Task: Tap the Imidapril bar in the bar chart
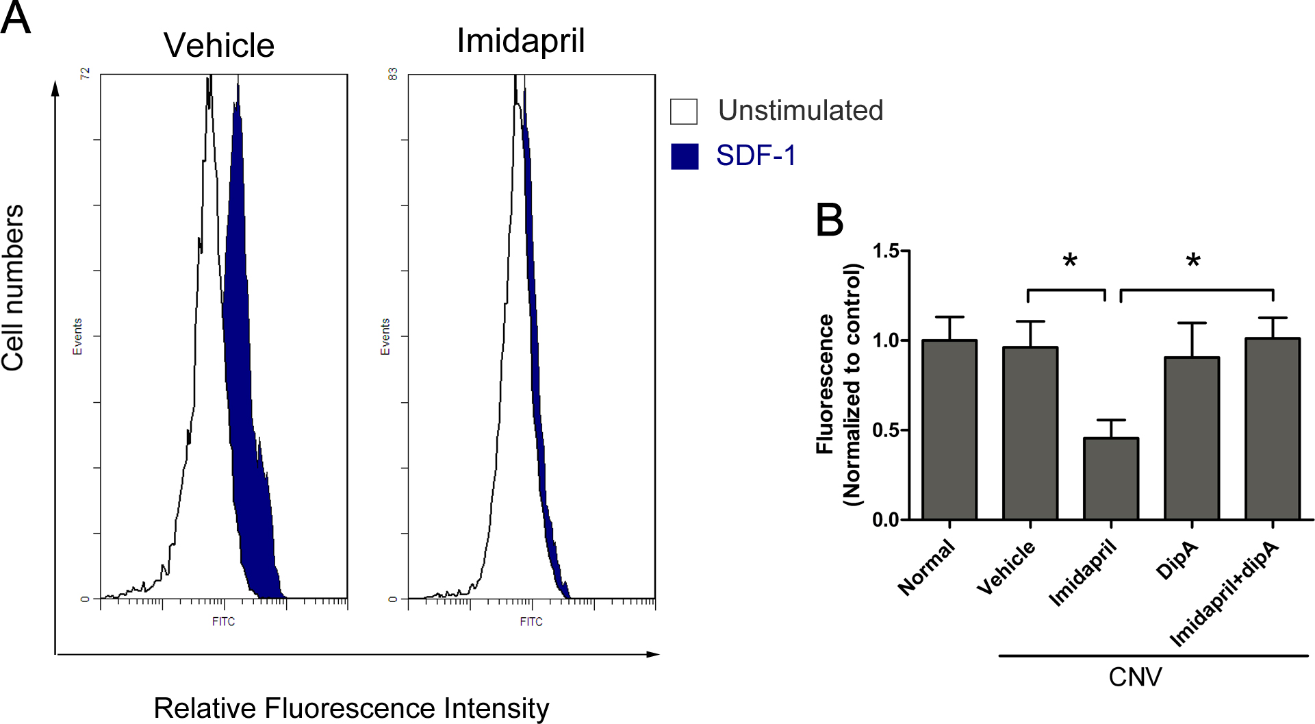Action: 1111,479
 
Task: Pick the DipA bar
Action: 1192,438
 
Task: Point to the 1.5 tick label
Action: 886,251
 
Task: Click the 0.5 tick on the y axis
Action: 886,431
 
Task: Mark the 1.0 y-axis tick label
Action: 886,341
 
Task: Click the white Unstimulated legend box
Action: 684,112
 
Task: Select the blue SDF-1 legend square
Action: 685,156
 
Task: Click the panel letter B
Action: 830,221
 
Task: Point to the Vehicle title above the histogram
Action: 219,46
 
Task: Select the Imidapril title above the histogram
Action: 521,40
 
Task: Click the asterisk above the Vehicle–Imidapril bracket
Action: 1070,261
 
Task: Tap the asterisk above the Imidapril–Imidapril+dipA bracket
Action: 1193,261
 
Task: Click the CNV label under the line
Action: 1135,677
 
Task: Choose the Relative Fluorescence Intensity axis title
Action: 351,708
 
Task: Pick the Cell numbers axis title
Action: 13,288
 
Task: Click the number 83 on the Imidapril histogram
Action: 393,74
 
